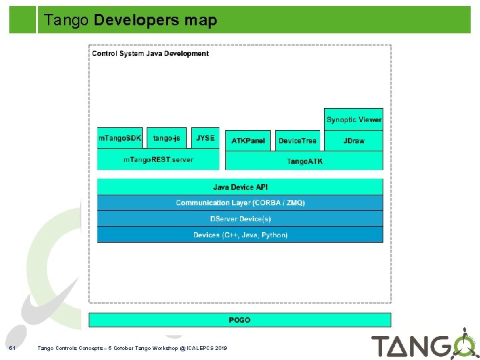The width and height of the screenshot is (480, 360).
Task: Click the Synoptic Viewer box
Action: point(354,119)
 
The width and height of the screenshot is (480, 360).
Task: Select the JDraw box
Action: point(354,141)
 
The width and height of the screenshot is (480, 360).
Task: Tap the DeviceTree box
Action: point(297,141)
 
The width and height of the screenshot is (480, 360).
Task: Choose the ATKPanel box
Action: point(248,141)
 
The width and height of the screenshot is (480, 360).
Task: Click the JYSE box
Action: point(205,138)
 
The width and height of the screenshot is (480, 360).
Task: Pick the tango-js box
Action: point(167,138)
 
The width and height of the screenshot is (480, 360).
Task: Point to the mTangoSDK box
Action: point(120,138)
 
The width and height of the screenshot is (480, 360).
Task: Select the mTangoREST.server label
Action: point(158,159)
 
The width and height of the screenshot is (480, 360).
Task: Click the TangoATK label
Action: point(304,161)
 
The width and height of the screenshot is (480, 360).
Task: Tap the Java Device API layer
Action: point(240,187)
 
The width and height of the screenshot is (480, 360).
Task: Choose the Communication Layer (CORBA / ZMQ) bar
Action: point(240,203)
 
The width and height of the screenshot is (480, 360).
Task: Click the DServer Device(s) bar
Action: point(240,219)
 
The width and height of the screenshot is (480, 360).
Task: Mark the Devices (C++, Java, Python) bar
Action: point(240,235)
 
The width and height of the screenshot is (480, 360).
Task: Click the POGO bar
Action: point(239,320)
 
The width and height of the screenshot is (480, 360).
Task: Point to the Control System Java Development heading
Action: point(150,53)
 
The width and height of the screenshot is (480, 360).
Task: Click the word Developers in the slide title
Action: point(137,21)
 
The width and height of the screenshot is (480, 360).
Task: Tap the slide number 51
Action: point(11,348)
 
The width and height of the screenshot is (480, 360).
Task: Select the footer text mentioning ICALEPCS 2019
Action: point(132,348)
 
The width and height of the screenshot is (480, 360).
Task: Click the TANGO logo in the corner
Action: point(423,345)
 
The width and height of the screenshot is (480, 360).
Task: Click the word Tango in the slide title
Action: point(67,21)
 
